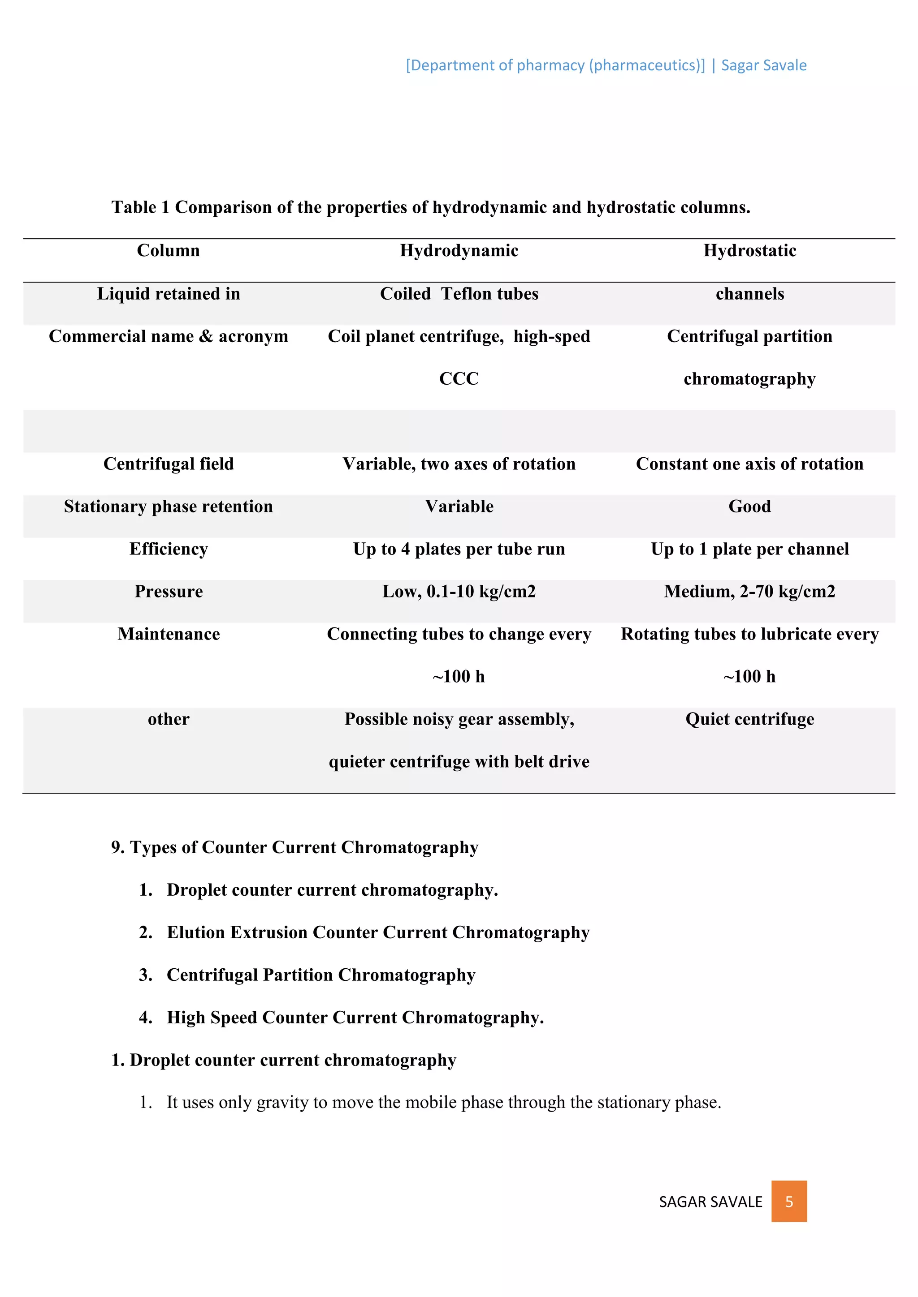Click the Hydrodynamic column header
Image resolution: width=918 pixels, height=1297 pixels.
point(459,250)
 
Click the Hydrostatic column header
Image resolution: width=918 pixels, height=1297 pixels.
point(749,250)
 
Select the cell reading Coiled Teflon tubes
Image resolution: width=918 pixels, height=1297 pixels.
point(459,294)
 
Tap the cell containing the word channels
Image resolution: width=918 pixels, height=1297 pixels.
point(749,294)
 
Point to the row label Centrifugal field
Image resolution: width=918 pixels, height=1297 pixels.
point(169,464)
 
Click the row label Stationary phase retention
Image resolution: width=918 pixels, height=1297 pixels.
point(169,506)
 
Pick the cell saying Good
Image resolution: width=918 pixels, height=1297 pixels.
point(749,506)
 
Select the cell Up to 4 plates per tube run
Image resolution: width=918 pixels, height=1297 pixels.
point(459,549)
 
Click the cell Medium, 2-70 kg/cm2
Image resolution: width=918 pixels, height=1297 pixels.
point(749,592)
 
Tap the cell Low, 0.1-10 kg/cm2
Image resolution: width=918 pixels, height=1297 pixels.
point(459,592)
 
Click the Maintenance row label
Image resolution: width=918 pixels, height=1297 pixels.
point(169,634)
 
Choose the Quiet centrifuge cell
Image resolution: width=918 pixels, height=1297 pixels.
point(749,719)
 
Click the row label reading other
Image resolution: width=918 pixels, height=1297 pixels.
point(169,719)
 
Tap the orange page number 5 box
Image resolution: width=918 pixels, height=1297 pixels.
point(788,1202)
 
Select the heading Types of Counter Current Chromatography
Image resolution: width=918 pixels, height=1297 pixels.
point(303,847)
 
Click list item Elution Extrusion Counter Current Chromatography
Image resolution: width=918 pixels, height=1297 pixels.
point(377,932)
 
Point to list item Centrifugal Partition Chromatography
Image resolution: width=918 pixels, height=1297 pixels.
point(320,975)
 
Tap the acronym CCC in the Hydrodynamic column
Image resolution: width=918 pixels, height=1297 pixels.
point(459,378)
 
